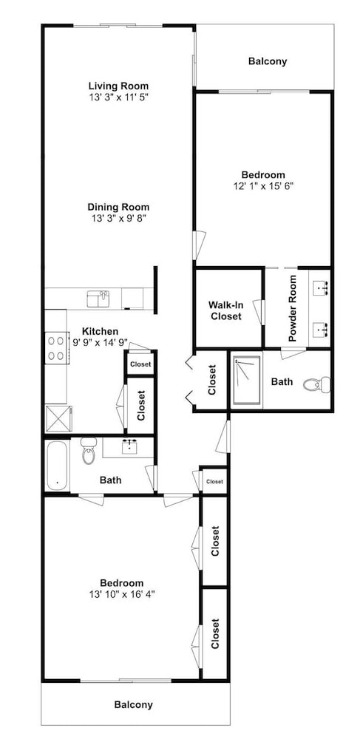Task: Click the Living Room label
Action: [x=118, y=86]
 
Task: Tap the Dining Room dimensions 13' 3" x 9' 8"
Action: [x=118, y=218]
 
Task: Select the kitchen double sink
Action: [x=98, y=299]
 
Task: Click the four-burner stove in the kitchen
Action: [x=56, y=348]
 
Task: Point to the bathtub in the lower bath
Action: [x=57, y=465]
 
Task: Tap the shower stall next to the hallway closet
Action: [x=246, y=380]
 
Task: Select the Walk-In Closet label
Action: [x=225, y=310]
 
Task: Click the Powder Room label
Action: [x=293, y=308]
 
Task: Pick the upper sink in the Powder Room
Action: [x=322, y=285]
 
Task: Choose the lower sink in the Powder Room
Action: [x=322, y=329]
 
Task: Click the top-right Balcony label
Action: [x=268, y=61]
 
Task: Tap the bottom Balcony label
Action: [x=134, y=704]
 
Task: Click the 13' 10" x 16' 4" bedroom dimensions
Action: [x=121, y=594]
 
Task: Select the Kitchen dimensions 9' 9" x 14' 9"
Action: [x=99, y=343]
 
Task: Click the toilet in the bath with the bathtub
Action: [x=89, y=450]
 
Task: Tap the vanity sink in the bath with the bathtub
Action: [x=129, y=446]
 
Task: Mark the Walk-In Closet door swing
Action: [x=258, y=312]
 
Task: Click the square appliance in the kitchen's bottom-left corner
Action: [x=58, y=418]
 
